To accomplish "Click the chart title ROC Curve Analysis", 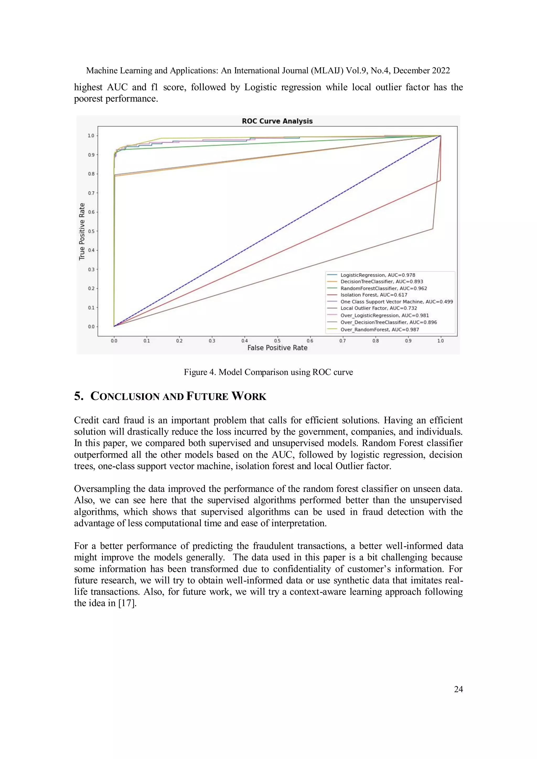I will [x=277, y=121].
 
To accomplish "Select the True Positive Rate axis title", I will [x=82, y=231].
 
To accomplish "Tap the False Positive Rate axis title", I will [x=277, y=348].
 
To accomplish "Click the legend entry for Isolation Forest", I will [x=374, y=295].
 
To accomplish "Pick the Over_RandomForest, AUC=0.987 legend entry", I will [x=380, y=330].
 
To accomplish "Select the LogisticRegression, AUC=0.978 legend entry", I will [x=378, y=275].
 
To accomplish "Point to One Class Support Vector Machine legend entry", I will [x=396, y=301].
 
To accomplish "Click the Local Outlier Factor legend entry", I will [x=379, y=308].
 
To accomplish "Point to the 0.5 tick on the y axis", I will [x=91, y=231].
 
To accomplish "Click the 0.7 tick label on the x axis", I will [x=342, y=341].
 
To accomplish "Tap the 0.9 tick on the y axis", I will [x=91, y=155].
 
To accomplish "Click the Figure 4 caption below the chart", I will [x=268, y=372].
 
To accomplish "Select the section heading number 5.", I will [x=78, y=396].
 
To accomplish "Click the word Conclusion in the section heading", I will [x=126, y=396].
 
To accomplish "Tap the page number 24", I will [x=458, y=689].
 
